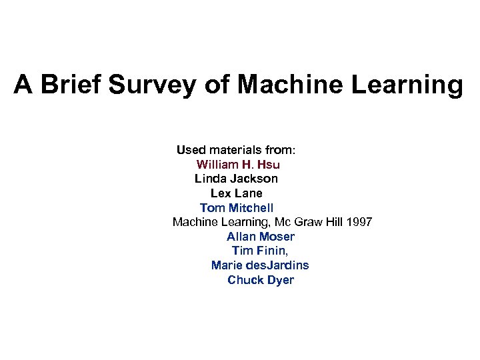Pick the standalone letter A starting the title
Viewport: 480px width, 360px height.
[23, 85]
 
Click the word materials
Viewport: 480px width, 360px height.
[241, 149]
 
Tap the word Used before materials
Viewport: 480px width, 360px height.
[192, 149]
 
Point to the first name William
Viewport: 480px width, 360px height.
[222, 164]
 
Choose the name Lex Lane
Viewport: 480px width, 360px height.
[237, 193]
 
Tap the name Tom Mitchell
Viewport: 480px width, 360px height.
[237, 208]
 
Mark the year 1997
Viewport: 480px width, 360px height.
[359, 222]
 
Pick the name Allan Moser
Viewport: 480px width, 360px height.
[260, 237]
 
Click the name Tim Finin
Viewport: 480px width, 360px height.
[260, 251]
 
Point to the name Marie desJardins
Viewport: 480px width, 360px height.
[260, 265]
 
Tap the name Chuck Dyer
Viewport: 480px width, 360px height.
[260, 280]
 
